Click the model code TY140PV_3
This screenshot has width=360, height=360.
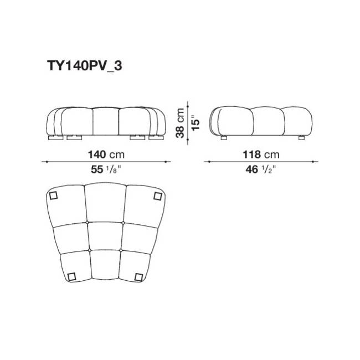pyautogui.click(x=85, y=66)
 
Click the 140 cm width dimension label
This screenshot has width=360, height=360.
pyautogui.click(x=106, y=155)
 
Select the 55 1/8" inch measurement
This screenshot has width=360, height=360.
pyautogui.click(x=106, y=169)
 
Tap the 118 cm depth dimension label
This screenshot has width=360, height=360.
pyautogui.click(x=261, y=155)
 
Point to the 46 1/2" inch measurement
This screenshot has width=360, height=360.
pyautogui.click(x=260, y=169)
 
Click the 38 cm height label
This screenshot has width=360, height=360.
pyautogui.click(x=180, y=123)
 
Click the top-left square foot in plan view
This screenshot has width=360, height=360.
pyautogui.click(x=53, y=196)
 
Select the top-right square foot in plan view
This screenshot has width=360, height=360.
pyautogui.click(x=158, y=196)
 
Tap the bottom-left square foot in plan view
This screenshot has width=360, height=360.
pyautogui.click(x=71, y=277)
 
